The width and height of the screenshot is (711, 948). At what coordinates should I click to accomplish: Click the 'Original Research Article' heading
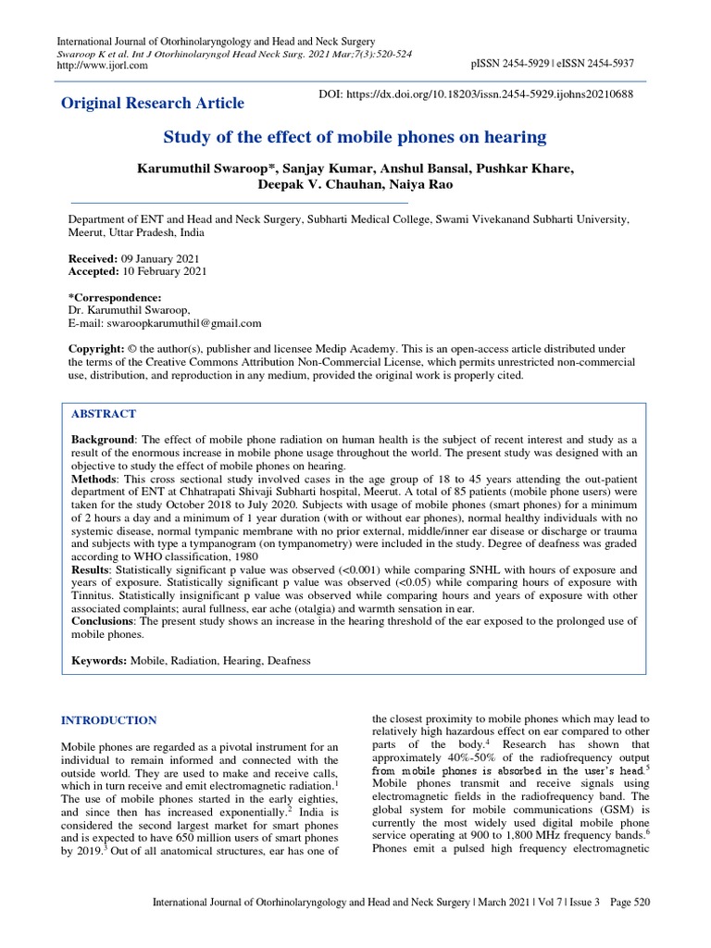coord(153,103)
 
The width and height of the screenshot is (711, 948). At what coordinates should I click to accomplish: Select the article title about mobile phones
coord(355,138)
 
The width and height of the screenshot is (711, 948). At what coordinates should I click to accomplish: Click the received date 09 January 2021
coord(159,258)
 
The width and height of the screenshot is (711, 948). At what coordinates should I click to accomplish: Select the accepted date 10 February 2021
coord(163,271)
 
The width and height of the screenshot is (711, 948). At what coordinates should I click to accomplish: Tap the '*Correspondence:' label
coord(116,297)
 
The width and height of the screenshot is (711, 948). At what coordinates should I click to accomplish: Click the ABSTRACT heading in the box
coord(104,413)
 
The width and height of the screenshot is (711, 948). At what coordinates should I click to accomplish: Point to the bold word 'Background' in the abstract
coord(104,437)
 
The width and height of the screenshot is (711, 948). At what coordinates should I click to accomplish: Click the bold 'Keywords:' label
coord(101,661)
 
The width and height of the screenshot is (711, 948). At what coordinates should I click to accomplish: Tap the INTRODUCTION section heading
coord(108,719)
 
